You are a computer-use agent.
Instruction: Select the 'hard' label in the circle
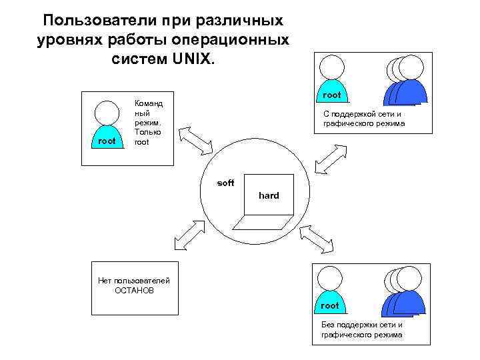point(269,195)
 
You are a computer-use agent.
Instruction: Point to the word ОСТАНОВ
point(134,291)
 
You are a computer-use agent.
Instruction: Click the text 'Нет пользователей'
point(134,281)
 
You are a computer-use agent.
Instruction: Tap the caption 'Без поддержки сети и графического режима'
point(362,329)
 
